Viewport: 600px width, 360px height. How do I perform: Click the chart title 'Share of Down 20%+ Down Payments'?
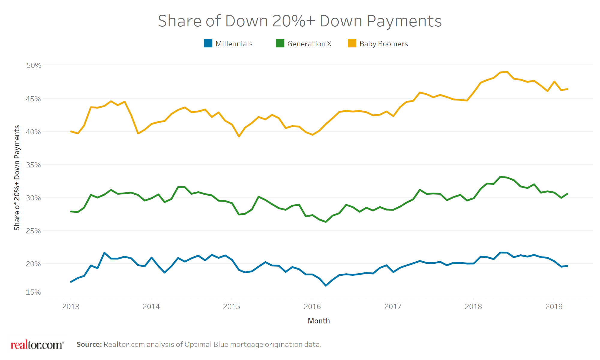(300, 21)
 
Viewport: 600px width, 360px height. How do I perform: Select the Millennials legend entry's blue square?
(208, 43)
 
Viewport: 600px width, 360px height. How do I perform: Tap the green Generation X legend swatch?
(280, 43)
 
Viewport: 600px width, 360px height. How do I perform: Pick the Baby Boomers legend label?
(383, 44)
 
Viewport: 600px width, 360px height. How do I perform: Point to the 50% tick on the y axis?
(34, 65)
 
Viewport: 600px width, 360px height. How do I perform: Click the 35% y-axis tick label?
(34, 165)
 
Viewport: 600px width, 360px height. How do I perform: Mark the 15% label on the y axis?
(34, 292)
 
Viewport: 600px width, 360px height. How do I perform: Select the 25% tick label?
(34, 231)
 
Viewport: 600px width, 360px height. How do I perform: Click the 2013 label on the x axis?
(70, 307)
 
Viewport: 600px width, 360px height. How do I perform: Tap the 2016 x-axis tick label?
(312, 307)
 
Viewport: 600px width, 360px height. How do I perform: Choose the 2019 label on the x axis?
(554, 307)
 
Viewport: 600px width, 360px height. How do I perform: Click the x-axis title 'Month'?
(319, 321)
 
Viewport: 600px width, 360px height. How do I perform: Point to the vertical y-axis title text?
(17, 178)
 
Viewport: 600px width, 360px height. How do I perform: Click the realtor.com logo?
(37, 345)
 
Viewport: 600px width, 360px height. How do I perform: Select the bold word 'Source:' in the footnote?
(89, 344)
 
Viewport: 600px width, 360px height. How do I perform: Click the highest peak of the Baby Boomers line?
(507, 72)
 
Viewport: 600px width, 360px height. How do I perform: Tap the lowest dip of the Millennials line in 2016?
(326, 286)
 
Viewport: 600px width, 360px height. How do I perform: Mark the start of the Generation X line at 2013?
(71, 211)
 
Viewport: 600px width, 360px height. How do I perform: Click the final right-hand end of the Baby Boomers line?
(567, 89)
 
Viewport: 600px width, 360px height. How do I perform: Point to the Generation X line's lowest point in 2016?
(326, 222)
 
